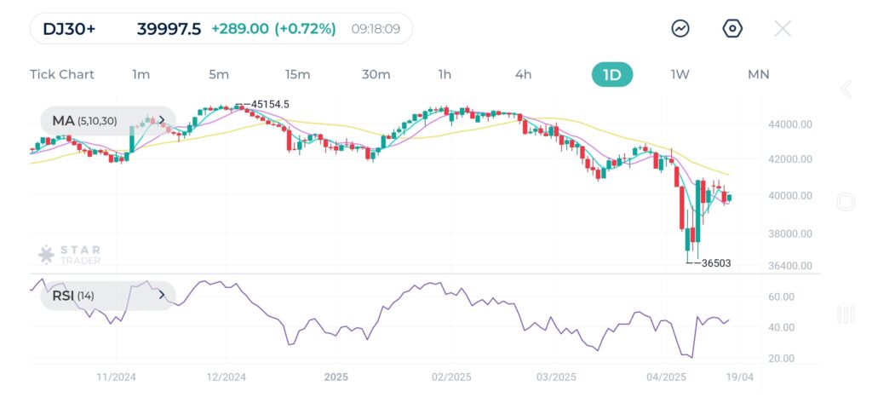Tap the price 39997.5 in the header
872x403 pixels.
169,29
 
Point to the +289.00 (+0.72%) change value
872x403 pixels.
273,29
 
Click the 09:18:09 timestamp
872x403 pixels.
376,29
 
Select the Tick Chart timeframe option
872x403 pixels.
62,74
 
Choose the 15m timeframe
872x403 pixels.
297,74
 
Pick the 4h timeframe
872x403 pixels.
523,74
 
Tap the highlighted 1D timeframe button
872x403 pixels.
612,74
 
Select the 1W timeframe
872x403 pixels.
680,74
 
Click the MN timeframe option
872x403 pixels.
758,74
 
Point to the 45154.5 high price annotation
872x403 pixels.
270,104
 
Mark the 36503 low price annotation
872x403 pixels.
714,263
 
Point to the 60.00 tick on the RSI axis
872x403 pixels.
783,296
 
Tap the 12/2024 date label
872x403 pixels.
227,377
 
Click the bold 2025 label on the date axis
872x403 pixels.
336,377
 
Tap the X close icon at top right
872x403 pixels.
783,29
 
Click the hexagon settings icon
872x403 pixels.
732,29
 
